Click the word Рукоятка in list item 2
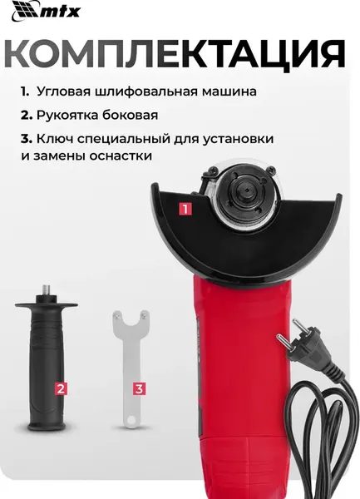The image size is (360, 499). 70,115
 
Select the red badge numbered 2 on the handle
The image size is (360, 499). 61,388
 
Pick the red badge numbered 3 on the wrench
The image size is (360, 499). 139,388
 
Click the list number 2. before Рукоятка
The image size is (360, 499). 27,115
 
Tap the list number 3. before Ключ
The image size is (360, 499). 27,139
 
